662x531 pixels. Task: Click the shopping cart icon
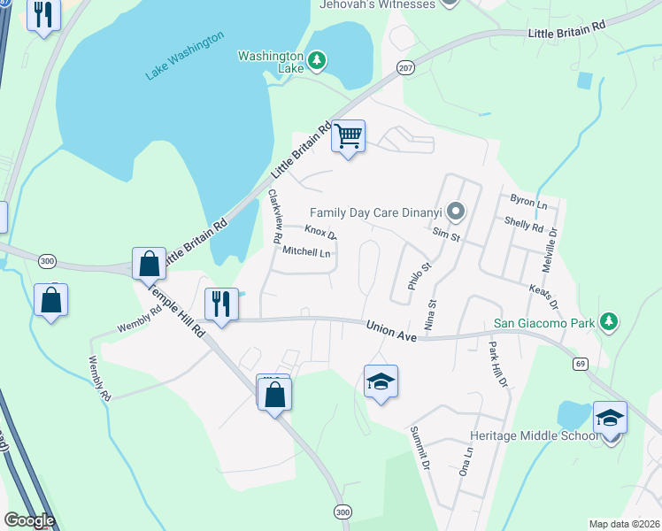pyautogui.click(x=349, y=137)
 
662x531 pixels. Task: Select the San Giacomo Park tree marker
pyautogui.click(x=608, y=323)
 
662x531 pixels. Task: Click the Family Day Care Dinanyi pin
pyautogui.click(x=456, y=212)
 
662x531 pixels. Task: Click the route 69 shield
pyautogui.click(x=581, y=363)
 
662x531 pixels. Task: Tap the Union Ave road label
pyautogui.click(x=391, y=331)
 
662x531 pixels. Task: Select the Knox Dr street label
pyautogui.click(x=320, y=233)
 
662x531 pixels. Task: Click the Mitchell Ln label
pyautogui.click(x=306, y=252)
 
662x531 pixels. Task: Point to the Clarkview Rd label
pyautogui.click(x=274, y=217)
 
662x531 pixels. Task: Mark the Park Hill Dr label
pyautogui.click(x=497, y=366)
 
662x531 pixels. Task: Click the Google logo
pyautogui.click(x=29, y=520)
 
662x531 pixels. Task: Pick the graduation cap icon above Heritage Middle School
pyautogui.click(x=611, y=417)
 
